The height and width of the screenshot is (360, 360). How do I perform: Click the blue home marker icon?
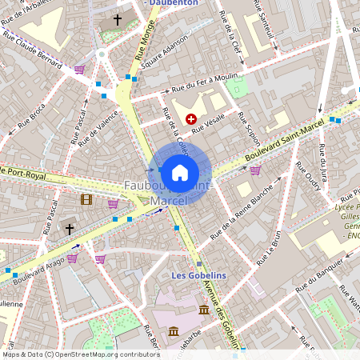180,171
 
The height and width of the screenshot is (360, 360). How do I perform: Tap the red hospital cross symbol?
190,118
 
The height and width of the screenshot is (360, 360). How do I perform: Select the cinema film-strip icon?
86,199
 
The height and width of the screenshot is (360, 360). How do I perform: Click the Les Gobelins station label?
199,275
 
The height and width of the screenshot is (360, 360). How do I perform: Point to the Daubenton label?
174,4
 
